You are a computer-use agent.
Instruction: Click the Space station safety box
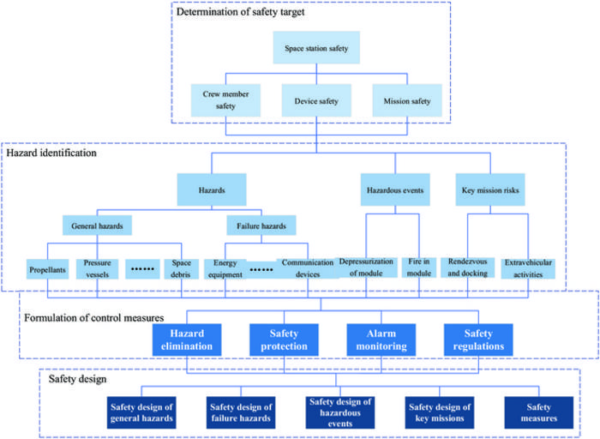pyautogui.click(x=317, y=49)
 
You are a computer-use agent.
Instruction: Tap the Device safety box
pyautogui.click(x=316, y=99)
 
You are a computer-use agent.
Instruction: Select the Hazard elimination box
pyautogui.click(x=188, y=340)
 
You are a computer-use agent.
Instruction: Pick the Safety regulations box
pyautogui.click(x=477, y=340)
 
